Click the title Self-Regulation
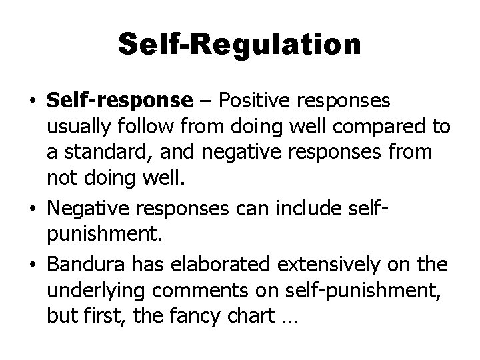[x=240, y=45]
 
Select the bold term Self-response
[x=119, y=101]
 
